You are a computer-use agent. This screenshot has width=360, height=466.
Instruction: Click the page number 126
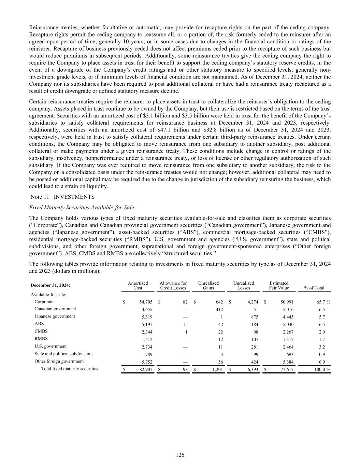coord(180,455)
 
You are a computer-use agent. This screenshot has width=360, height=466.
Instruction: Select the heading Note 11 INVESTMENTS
coord(62,197)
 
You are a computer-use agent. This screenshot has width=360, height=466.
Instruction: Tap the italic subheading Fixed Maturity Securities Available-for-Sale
coord(82,208)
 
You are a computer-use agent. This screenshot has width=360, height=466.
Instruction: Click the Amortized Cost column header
coord(138,286)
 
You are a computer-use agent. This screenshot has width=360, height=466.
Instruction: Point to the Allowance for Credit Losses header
coord(173,286)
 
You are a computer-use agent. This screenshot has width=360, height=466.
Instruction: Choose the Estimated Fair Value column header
coord(279,286)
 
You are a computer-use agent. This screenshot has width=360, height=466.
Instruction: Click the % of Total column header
coord(315,288)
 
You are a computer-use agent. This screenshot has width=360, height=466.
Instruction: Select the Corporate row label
coord(44,302)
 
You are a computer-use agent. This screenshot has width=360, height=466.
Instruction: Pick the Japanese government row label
coord(55,316)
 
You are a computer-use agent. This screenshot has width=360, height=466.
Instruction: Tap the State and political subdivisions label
coord(63,354)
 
